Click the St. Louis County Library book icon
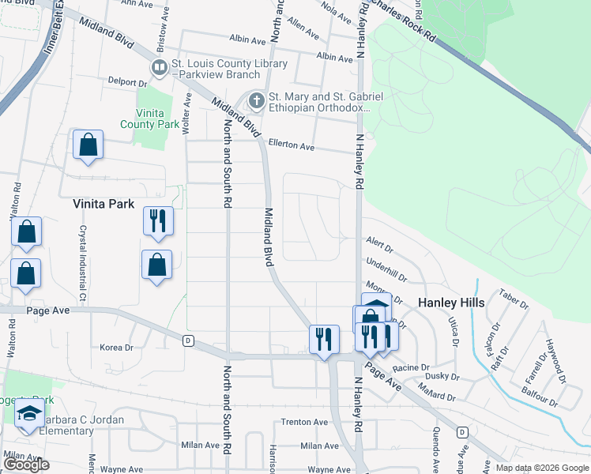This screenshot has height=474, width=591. pos(159,67)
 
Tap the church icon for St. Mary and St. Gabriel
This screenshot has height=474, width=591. pos(256,101)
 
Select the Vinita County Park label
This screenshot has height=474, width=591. pos(149,118)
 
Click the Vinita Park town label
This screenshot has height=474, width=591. pos(104,203)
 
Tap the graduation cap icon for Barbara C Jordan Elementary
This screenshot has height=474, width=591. pos(29,414)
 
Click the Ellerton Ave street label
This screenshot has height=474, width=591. pos(291,147)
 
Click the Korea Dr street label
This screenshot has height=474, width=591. pos(118,347)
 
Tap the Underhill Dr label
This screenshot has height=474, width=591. pos(386,270)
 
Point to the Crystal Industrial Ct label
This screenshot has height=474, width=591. pos(81,254)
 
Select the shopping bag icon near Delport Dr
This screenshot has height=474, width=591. pos(88,145)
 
